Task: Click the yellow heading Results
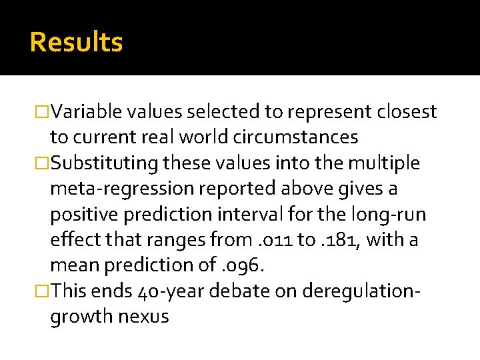pos(77,43)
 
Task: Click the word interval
pos(295,214)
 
